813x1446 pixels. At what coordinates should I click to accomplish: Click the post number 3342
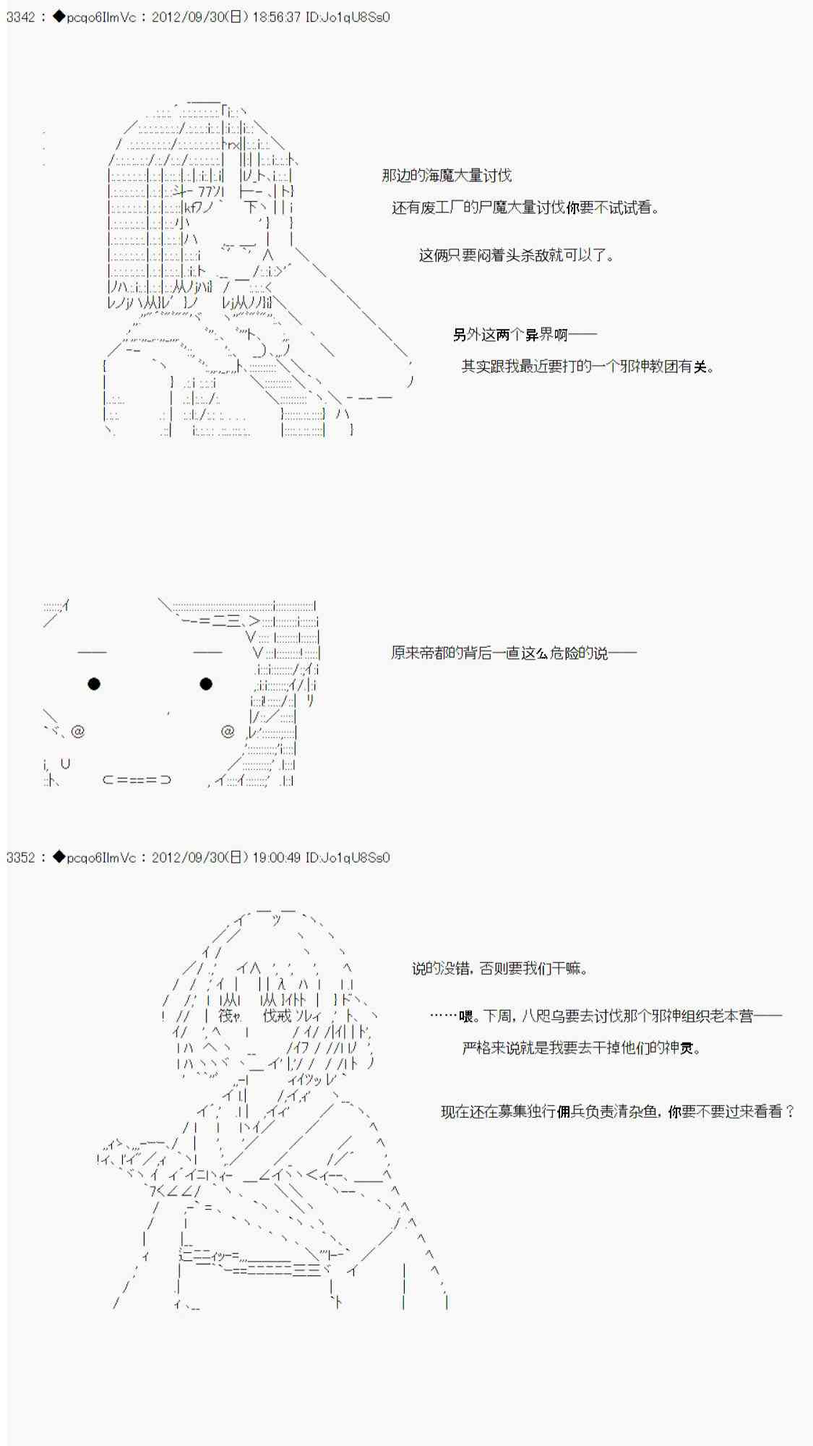[20, 17]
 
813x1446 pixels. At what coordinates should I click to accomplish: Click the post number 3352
[20, 857]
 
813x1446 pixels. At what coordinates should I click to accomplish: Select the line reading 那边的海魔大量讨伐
[447, 176]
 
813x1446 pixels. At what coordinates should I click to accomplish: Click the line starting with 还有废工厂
[525, 208]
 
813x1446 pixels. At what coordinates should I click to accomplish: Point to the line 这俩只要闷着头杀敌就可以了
[516, 255]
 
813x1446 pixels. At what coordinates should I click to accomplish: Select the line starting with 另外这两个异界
[525, 335]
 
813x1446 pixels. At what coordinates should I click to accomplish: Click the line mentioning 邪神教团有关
[588, 367]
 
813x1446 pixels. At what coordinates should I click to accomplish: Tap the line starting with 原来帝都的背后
[514, 654]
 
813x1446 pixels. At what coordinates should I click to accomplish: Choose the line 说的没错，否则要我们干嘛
[499, 969]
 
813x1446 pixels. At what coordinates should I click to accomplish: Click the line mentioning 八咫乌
[606, 1017]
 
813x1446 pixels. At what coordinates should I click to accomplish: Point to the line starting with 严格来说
[581, 1048]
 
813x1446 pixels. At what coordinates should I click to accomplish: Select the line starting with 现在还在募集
[618, 1112]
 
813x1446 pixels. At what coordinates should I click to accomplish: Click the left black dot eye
[94, 684]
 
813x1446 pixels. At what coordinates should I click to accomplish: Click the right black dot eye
[206, 684]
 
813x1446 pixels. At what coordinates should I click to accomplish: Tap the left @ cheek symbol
[78, 732]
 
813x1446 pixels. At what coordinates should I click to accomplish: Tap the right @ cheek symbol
[228, 732]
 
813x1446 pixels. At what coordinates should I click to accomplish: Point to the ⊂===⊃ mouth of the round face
[137, 780]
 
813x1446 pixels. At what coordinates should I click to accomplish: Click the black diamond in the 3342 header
[59, 17]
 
